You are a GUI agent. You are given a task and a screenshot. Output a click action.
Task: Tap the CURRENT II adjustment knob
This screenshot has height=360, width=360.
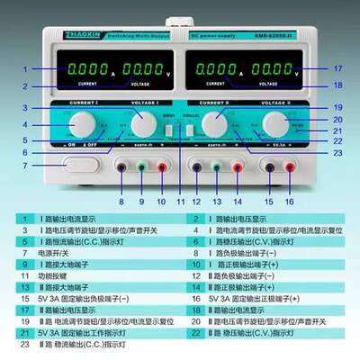(x=214, y=122)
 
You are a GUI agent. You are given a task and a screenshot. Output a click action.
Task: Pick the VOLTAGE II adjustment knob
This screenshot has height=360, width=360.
(x=273, y=122)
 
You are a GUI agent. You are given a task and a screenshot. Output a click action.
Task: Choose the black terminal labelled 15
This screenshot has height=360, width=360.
(x=269, y=166)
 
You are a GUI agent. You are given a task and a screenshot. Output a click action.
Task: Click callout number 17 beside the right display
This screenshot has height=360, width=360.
(x=338, y=68)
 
